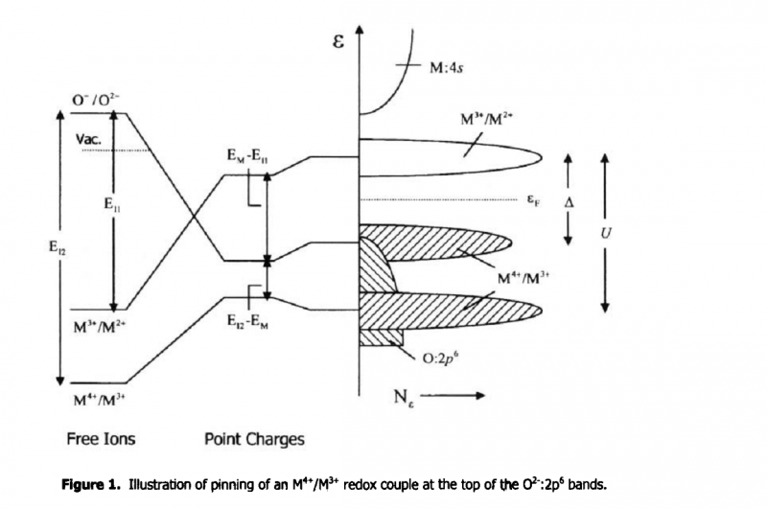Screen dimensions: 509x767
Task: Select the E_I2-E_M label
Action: pyautogui.click(x=248, y=322)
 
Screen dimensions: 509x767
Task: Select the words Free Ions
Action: pyautogui.click(x=101, y=440)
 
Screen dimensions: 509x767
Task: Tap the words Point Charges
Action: pyautogui.click(x=254, y=440)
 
